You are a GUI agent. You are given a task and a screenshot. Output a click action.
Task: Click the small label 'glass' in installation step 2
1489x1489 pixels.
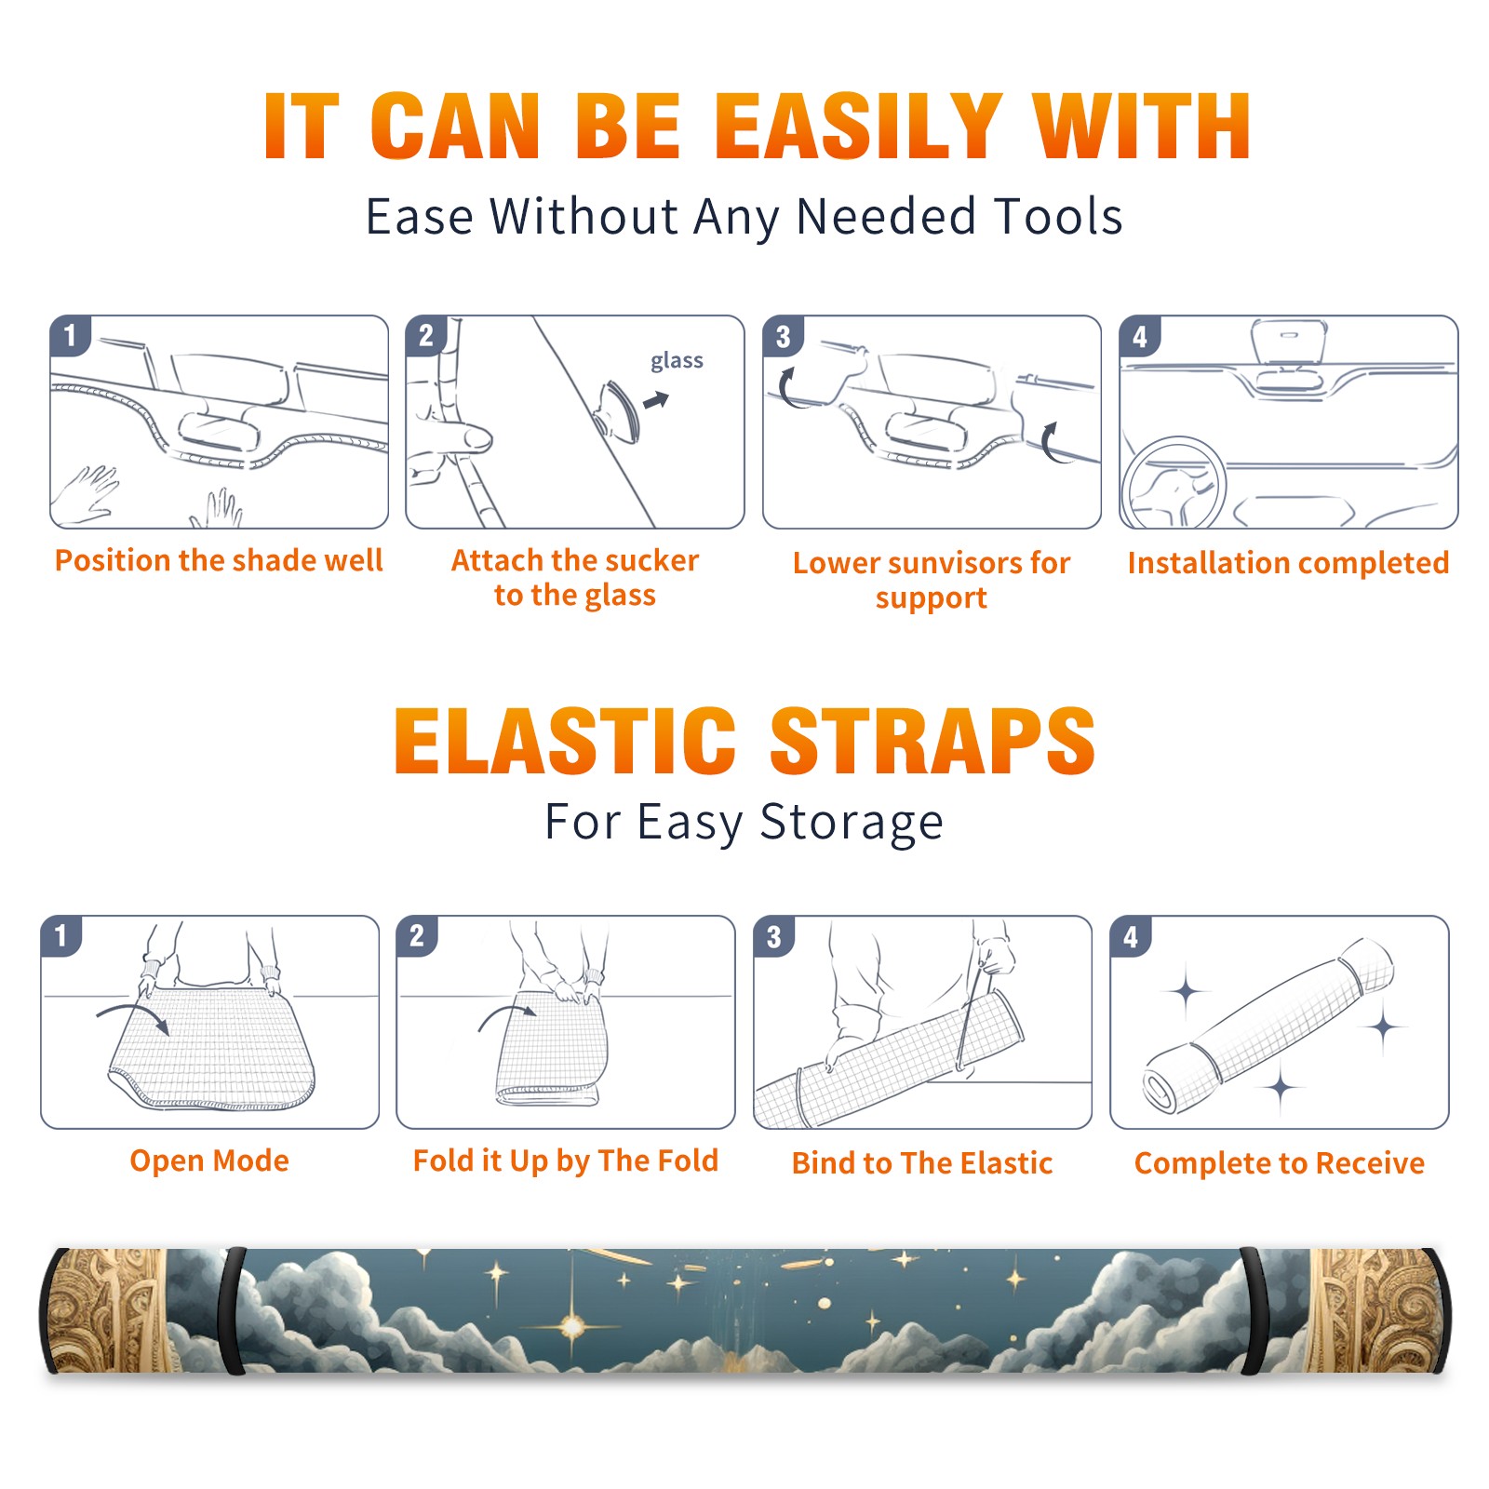677,361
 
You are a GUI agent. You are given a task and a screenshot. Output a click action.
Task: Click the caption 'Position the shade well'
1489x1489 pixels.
219,560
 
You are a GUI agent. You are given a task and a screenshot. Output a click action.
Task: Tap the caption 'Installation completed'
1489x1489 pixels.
1288,563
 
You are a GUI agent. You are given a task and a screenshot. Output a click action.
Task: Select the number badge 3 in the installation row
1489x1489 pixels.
784,337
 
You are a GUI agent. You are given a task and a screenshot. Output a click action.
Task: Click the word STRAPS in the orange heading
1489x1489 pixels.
932,741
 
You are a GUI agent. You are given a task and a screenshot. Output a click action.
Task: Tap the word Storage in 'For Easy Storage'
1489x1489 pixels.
852,823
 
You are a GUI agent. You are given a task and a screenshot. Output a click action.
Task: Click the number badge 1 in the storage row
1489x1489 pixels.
61,936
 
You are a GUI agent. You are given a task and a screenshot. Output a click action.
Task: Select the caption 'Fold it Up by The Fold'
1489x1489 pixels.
566,1160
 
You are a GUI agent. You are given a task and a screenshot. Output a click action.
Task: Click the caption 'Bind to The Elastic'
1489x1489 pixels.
922,1163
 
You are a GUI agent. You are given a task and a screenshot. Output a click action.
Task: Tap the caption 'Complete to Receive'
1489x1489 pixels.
1280,1163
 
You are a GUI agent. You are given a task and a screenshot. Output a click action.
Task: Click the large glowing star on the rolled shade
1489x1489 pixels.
571,1325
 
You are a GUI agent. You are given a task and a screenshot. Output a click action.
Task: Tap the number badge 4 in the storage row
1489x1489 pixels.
1131,936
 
